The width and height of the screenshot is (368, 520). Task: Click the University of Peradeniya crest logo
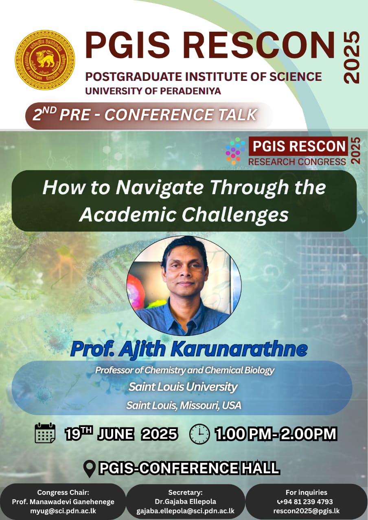tap(45, 60)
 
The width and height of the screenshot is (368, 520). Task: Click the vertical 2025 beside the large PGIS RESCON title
tap(352, 57)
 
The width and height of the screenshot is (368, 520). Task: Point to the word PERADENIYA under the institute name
tap(191, 91)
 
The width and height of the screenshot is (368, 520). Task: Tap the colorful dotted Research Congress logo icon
tap(235, 150)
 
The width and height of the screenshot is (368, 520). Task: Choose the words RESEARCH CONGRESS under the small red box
tap(297, 162)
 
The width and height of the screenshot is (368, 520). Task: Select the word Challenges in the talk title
tap(235, 215)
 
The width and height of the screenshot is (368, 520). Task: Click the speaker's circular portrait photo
tap(184, 286)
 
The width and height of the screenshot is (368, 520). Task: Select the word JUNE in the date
tap(116, 434)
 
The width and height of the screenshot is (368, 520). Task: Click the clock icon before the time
tap(199, 434)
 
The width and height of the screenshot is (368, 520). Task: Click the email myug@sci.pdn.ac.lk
tap(63, 511)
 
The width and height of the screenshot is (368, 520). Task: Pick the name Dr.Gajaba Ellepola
tap(185, 501)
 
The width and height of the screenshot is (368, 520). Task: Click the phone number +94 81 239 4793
tap(305, 501)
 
